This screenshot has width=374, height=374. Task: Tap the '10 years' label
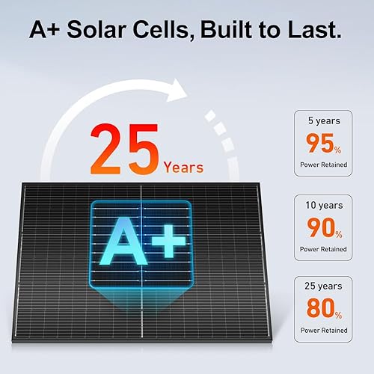pyautogui.click(x=323, y=204)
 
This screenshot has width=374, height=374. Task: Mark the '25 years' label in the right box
pyautogui.click(x=323, y=286)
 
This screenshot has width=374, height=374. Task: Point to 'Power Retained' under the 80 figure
pyautogui.click(x=323, y=329)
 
